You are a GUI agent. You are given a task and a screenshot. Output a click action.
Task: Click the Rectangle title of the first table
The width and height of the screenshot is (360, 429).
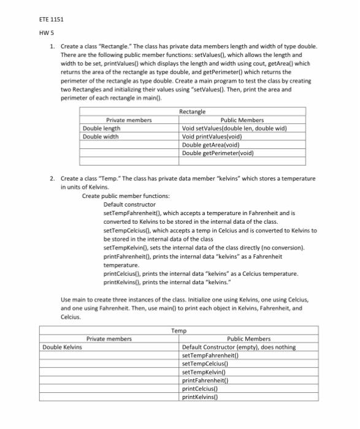192,112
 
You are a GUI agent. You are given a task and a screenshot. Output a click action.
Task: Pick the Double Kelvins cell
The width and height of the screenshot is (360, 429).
63,346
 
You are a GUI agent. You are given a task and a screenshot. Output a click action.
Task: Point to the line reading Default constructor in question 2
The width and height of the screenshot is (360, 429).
129,203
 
